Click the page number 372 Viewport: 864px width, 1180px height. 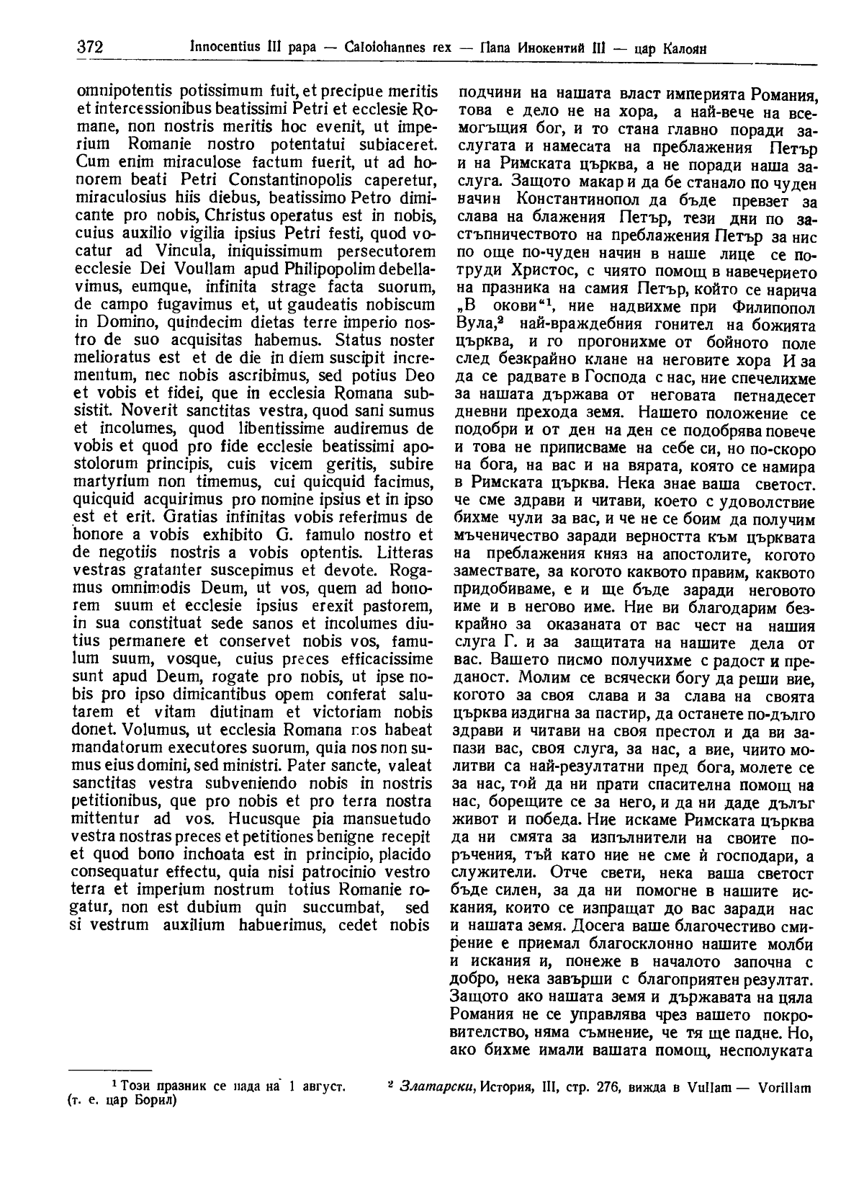89,48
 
